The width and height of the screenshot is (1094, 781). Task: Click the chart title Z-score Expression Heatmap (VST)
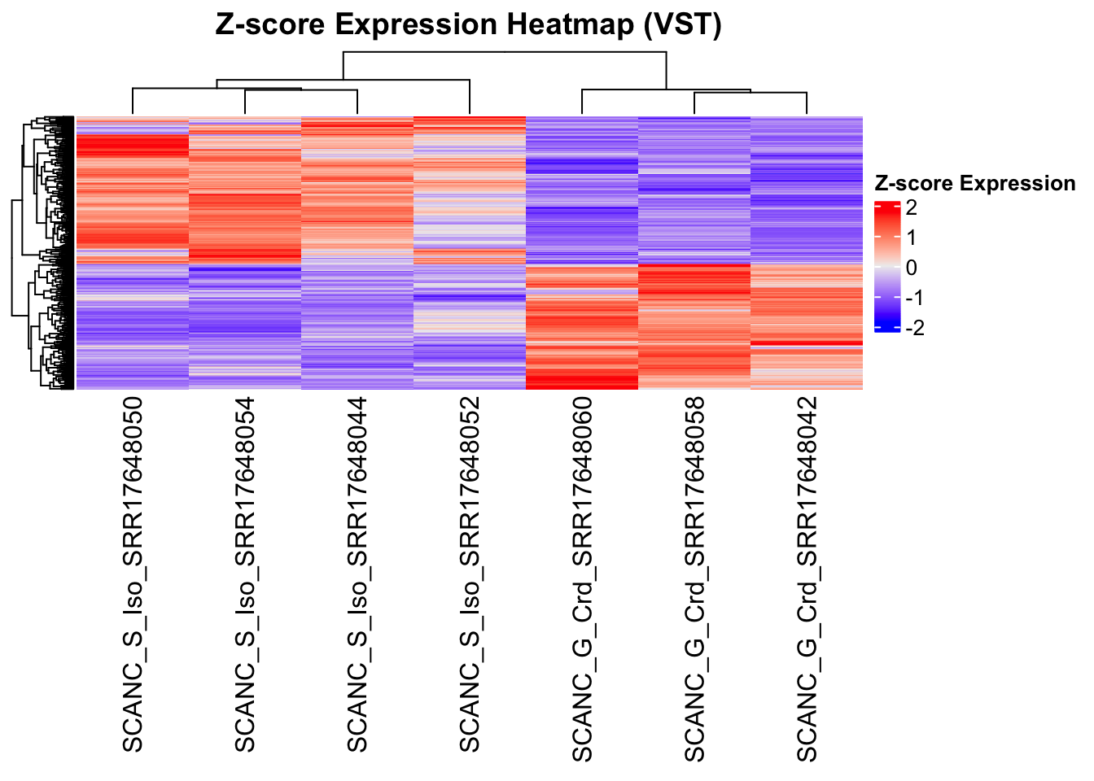click(x=468, y=25)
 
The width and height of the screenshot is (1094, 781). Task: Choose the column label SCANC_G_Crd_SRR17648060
click(x=582, y=579)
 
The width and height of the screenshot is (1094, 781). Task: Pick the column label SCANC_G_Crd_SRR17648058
click(x=694, y=579)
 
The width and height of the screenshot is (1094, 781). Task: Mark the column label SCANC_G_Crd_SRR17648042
click(x=807, y=579)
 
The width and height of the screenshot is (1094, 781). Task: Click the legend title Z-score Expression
click(x=974, y=184)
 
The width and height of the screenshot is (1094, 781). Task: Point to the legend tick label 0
click(x=911, y=268)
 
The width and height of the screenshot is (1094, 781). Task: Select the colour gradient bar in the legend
click(x=886, y=267)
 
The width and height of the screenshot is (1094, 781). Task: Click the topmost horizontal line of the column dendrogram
click(x=505, y=52)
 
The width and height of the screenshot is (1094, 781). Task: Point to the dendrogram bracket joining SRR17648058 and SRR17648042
click(x=750, y=94)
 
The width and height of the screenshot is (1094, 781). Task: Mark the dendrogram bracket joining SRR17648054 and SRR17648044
click(x=301, y=90)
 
